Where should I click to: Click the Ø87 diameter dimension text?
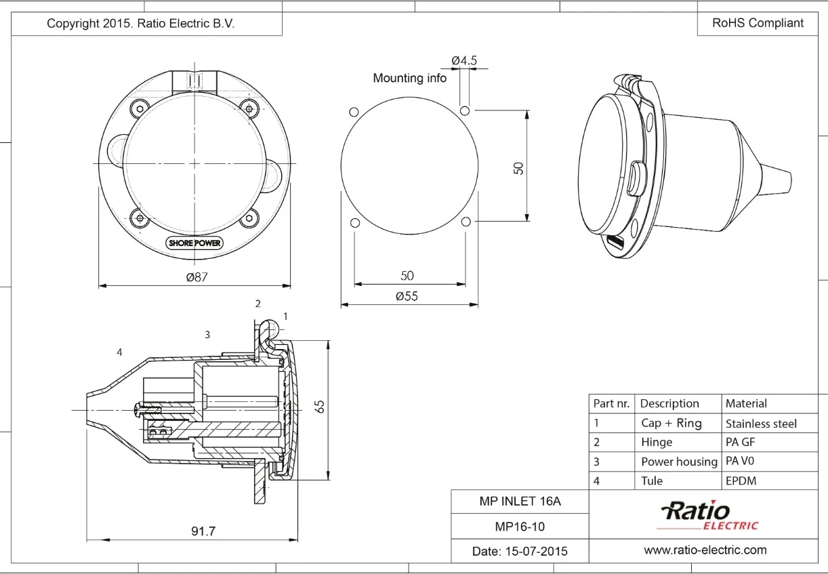(x=197, y=277)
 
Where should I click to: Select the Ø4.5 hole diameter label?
(x=464, y=60)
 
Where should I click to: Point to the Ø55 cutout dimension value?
(x=407, y=296)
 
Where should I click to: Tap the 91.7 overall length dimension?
(x=203, y=531)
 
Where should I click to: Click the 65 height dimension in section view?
(x=320, y=407)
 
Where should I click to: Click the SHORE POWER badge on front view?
(x=194, y=243)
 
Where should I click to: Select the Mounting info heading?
(x=409, y=78)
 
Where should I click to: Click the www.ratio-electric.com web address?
(x=705, y=550)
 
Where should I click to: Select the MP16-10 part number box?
(x=520, y=527)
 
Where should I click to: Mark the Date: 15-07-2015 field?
(x=520, y=551)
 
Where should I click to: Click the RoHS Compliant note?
(x=758, y=23)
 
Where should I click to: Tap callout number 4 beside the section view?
(x=119, y=352)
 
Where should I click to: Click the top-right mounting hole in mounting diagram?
(x=465, y=110)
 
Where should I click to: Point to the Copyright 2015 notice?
(x=140, y=23)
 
